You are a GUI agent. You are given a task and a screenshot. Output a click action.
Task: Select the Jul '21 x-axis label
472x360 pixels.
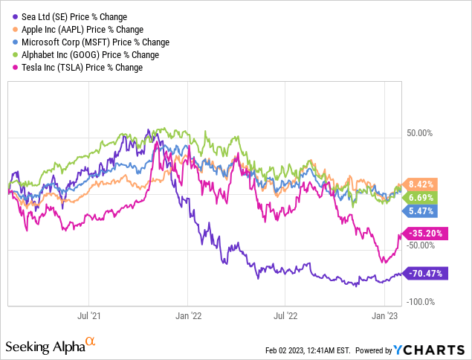click(x=90, y=315)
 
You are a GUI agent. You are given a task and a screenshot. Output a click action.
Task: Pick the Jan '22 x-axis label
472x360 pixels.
click(x=189, y=315)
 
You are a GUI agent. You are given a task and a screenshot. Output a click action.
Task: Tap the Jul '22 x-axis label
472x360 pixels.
click(x=286, y=315)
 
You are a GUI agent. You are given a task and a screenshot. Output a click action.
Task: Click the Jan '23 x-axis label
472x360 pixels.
click(x=384, y=315)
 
